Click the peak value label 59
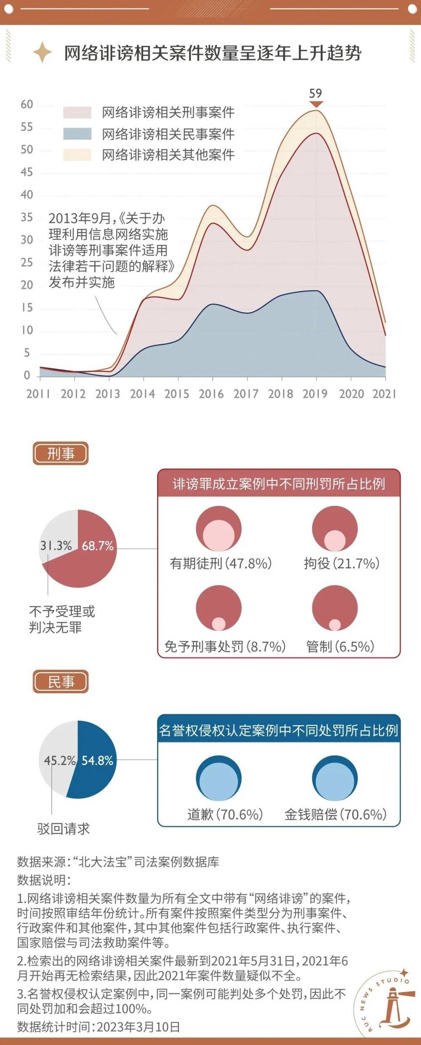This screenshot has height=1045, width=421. pyautogui.click(x=315, y=94)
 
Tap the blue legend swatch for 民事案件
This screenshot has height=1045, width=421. pyautogui.click(x=77, y=134)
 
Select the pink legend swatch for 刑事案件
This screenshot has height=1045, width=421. pyautogui.click(x=77, y=112)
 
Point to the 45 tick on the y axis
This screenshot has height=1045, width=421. pyautogui.click(x=27, y=172)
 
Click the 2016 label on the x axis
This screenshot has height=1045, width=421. pyautogui.click(x=211, y=394)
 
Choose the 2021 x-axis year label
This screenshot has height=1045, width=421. pyautogui.click(x=384, y=394)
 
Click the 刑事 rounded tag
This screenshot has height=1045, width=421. pyautogui.click(x=61, y=454)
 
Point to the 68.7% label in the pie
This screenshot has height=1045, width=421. pyautogui.click(x=98, y=546)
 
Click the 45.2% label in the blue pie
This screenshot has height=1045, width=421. pyautogui.click(x=59, y=761)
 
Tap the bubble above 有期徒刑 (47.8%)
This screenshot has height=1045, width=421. pyautogui.click(x=218, y=529)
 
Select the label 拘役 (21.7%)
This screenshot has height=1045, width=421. pyautogui.click(x=341, y=564)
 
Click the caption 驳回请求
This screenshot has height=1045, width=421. pyautogui.click(x=64, y=829)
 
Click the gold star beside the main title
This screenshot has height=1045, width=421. pyautogui.click(x=42, y=53)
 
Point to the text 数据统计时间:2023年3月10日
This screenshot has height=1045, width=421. pyautogui.click(x=99, y=1027)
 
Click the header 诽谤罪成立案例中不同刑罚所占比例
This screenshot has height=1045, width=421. pyautogui.click(x=279, y=484)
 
